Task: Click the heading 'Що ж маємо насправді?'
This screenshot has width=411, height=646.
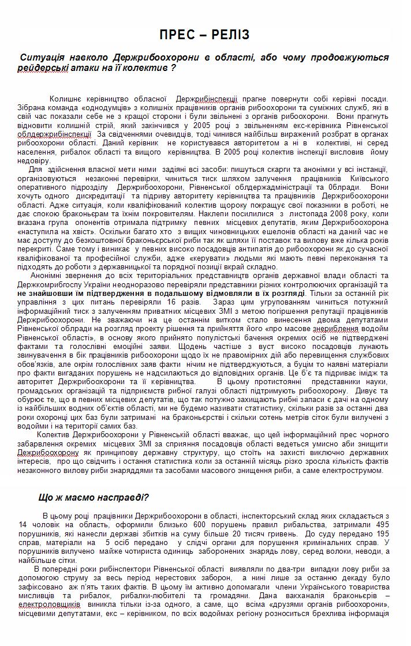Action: (94, 497)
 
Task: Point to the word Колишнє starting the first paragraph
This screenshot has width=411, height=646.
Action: (68, 99)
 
